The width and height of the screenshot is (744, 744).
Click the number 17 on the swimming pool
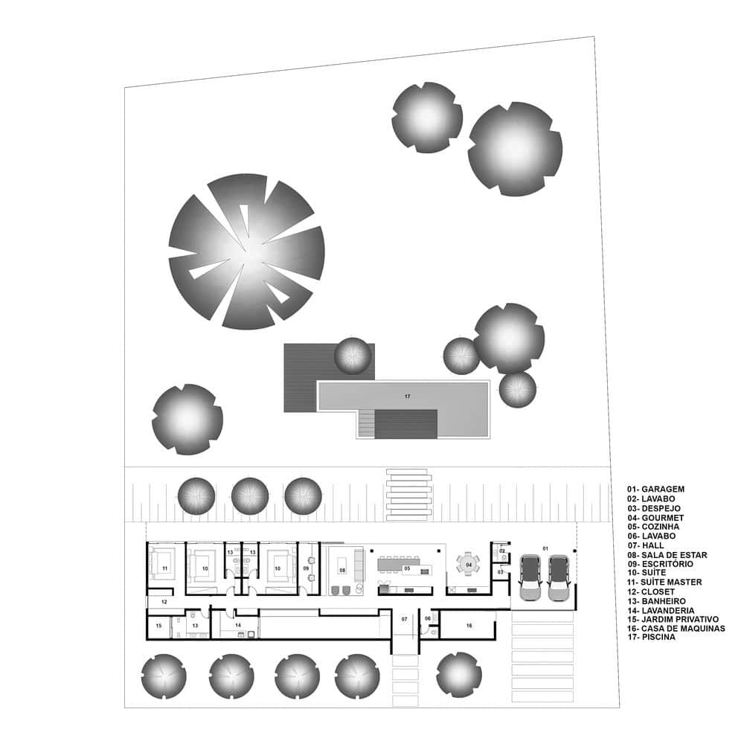coord(407,397)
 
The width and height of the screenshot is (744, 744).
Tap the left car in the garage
coord(530,578)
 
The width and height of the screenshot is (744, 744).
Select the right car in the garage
coord(558,578)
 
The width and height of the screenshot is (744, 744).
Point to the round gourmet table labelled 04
coord(468,565)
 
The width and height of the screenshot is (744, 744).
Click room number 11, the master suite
coord(164,568)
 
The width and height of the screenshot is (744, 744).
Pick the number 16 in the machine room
coord(469,626)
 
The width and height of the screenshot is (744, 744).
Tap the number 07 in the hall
coord(404,619)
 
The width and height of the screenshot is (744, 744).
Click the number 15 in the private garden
coord(158,626)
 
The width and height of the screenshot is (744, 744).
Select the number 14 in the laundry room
coord(238,625)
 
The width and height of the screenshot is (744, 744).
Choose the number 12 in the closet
coord(164,602)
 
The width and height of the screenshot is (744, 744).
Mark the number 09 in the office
coord(306,568)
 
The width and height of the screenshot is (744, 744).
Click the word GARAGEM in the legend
coord(663,490)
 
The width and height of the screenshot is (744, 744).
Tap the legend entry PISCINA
coord(658,638)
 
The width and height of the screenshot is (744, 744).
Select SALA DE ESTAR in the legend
coord(674,555)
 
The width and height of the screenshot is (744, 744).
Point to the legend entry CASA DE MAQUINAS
coord(683,628)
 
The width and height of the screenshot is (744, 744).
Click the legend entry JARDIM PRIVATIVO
coord(680,619)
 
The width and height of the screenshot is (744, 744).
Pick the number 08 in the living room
coord(342,570)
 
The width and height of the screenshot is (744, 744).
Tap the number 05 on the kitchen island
coord(407,568)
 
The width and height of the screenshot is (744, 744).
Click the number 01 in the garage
coord(545,548)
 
